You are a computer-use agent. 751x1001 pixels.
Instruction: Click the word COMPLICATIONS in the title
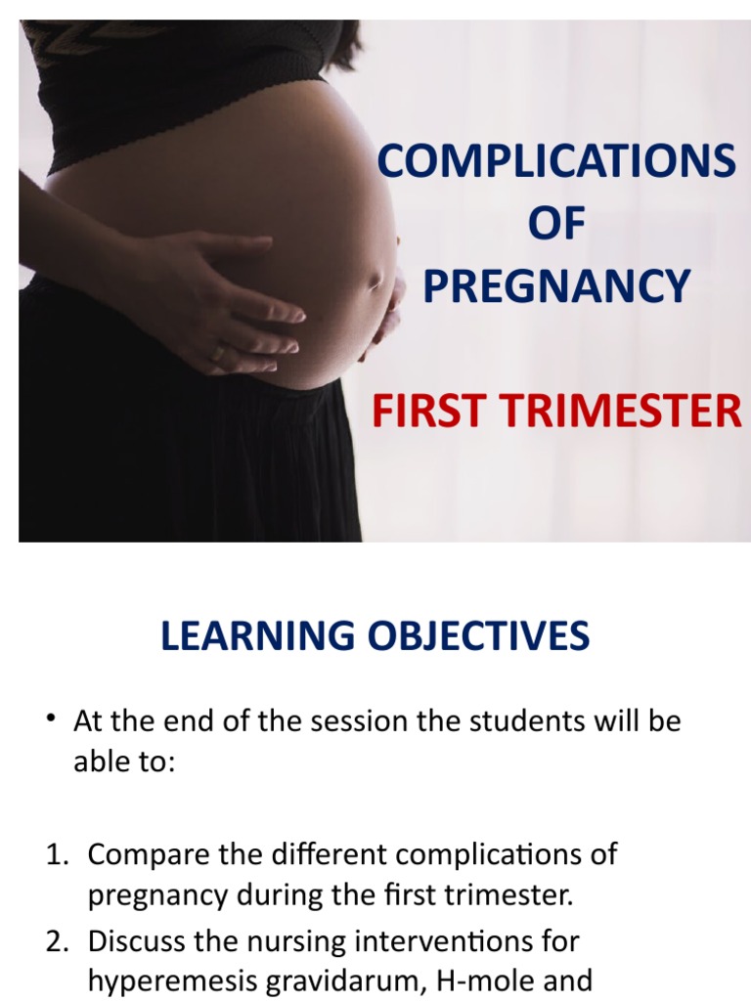pos(556,161)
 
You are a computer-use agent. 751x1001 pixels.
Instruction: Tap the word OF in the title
pos(556,224)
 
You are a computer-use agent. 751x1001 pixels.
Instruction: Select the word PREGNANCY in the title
pos(556,285)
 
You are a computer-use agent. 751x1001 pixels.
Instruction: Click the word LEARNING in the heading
pos(257,636)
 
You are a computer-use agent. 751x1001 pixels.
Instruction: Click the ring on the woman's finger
pos(220,351)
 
